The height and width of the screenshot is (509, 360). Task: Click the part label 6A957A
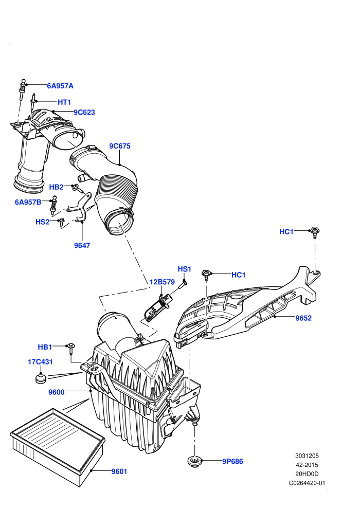point(60,86)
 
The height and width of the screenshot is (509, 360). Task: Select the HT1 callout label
point(64,102)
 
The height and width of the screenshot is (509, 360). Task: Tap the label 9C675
point(120,146)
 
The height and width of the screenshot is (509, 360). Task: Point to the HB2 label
point(56,187)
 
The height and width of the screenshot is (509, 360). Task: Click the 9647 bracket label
point(82,245)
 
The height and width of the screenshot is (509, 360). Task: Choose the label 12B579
point(162,282)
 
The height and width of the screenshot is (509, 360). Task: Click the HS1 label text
point(185,269)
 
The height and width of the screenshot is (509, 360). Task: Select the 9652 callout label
point(303,318)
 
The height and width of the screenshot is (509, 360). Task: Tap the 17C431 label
point(40,361)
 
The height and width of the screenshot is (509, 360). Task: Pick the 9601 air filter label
point(119,471)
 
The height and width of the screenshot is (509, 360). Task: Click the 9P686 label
point(232,461)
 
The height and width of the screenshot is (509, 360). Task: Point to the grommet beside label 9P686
point(195,461)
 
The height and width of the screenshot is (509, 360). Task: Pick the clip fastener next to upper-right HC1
point(315,231)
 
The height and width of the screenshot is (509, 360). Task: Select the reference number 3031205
point(307,456)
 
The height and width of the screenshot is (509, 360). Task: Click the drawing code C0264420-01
point(307,483)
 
